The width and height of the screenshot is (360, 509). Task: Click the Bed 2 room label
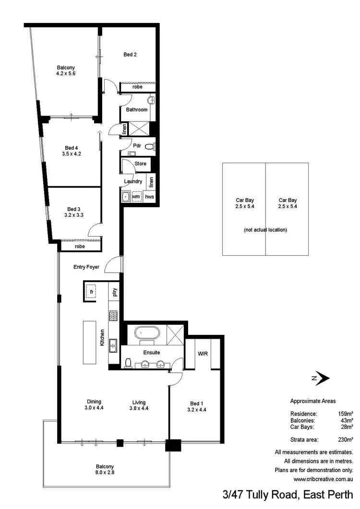[x=130, y=55]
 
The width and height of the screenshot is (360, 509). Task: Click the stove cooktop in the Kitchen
[x=114, y=316]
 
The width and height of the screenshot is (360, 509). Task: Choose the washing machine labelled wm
[x=136, y=196]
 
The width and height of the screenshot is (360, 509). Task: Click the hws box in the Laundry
[x=149, y=196]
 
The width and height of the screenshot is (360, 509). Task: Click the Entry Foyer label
[x=86, y=267]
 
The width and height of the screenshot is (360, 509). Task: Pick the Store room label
[x=140, y=164]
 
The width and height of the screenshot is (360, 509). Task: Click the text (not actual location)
[x=265, y=230]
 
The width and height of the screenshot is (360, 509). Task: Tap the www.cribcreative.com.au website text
[x=323, y=479]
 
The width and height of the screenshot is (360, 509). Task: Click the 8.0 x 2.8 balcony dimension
[x=105, y=473]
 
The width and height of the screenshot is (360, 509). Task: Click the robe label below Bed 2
[x=137, y=87]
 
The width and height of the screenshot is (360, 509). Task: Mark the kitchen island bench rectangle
[x=90, y=343]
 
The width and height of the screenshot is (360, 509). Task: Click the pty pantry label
[x=115, y=292]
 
